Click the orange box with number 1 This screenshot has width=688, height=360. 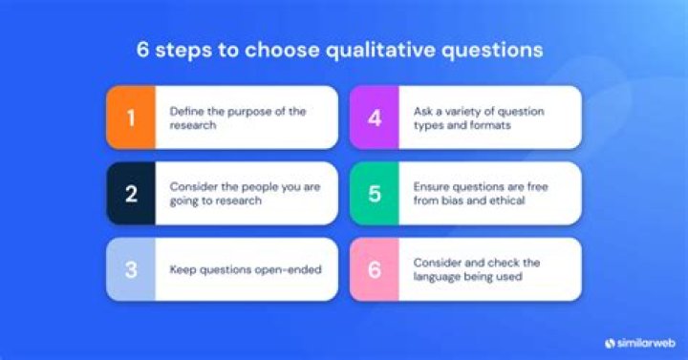[131, 117]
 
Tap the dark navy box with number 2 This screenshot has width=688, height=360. [131, 194]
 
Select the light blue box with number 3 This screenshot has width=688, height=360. [131, 269]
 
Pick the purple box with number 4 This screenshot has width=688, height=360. [374, 117]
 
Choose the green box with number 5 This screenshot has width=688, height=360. [374, 194]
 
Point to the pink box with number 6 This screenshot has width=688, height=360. [374, 269]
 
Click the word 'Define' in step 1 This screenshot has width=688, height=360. [187, 111]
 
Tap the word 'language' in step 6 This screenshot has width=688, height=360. [439, 277]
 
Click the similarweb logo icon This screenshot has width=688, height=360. [610, 342]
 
